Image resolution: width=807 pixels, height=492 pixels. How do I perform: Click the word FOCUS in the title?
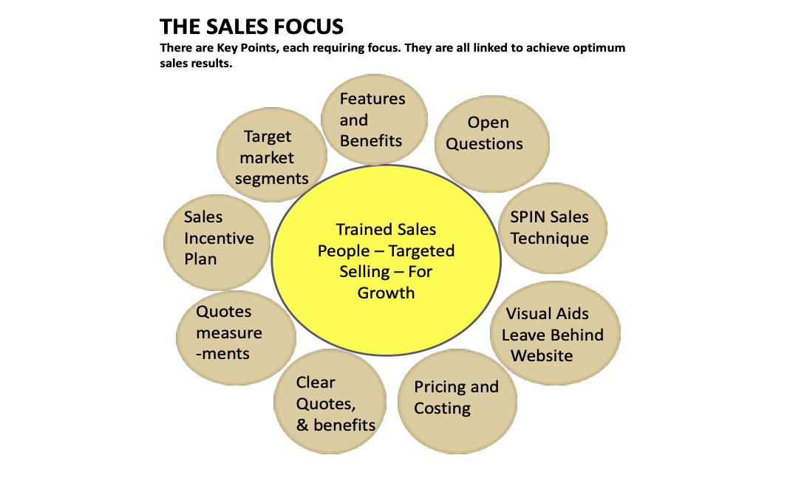(304, 27)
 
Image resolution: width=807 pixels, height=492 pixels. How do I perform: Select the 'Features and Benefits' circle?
(374, 119)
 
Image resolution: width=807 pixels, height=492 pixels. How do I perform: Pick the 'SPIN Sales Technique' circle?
(552, 228)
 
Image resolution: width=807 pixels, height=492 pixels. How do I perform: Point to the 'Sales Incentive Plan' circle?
(217, 238)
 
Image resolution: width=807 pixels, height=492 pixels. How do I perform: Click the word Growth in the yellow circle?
(386, 293)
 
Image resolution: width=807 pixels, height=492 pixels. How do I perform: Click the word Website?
(542, 355)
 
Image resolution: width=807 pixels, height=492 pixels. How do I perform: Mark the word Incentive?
(219, 238)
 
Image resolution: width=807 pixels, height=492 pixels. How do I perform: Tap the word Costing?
(442, 409)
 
